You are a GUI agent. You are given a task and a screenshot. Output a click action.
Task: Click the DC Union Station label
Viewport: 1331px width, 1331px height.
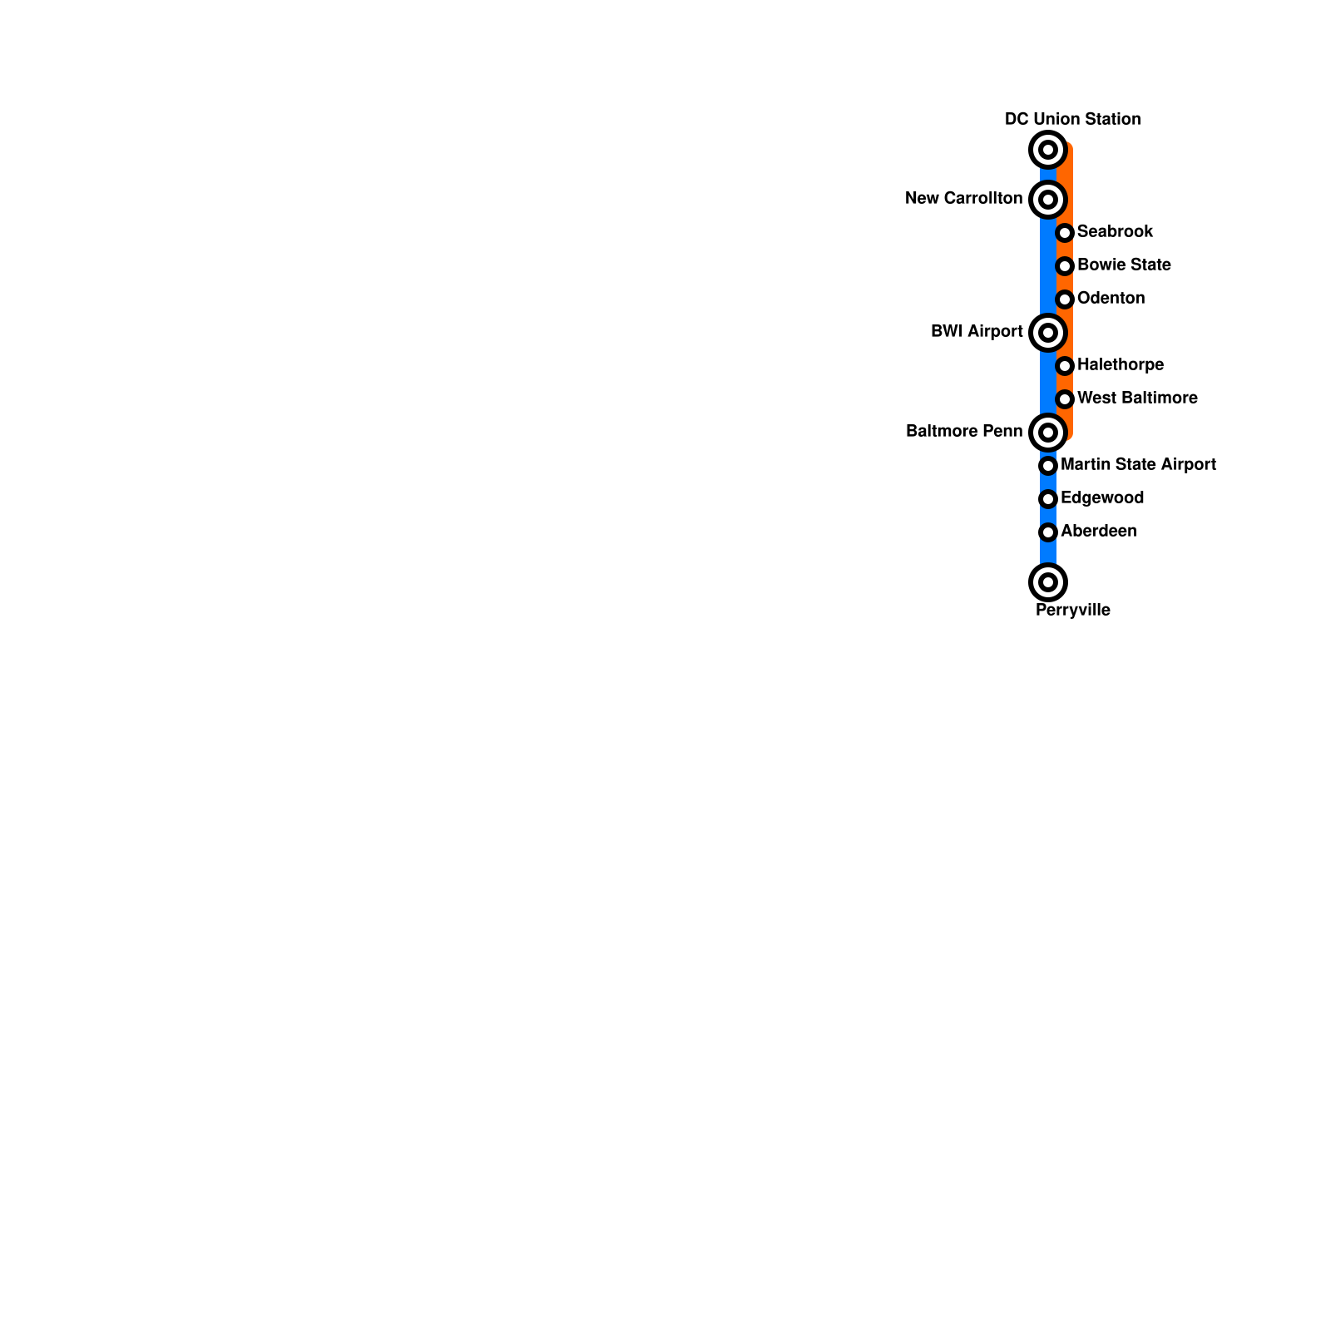[x=1072, y=119]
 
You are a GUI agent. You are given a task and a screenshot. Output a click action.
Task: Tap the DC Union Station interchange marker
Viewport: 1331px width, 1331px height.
[x=1048, y=150]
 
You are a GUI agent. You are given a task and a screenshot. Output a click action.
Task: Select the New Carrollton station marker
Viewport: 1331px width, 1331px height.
[x=1048, y=200]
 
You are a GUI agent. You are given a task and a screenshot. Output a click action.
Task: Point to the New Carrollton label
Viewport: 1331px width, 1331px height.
[x=963, y=198]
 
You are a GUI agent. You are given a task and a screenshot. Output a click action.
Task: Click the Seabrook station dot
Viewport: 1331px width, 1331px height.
[x=1065, y=233]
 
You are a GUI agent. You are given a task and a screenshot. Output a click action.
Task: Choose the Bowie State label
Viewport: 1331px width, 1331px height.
[x=1124, y=265]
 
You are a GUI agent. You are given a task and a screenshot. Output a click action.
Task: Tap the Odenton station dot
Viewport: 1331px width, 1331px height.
[x=1065, y=299]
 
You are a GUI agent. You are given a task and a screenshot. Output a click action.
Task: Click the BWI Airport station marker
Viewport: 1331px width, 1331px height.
[x=1048, y=333]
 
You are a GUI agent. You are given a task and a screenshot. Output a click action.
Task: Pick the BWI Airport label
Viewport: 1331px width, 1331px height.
[x=977, y=331]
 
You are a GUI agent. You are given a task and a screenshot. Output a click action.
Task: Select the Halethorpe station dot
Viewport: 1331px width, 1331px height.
[x=1065, y=366]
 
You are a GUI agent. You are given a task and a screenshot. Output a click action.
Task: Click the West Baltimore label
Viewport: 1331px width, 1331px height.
[x=1137, y=398]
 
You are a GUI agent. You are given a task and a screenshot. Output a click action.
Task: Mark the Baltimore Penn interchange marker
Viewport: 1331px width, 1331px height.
[x=1048, y=433]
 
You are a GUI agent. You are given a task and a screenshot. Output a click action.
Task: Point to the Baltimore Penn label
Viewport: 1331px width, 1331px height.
[x=964, y=431]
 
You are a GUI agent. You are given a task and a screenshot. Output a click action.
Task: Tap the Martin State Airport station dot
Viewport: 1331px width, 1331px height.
[x=1048, y=466]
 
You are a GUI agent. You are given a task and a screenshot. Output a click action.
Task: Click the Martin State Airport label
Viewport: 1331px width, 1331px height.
[x=1138, y=464]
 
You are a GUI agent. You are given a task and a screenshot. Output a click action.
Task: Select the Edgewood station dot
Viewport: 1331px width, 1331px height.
[x=1048, y=499]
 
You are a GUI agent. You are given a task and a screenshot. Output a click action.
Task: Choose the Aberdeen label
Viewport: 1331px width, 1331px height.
[x=1098, y=531]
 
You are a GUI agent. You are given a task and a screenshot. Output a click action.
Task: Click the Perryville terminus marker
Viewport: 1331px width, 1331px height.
[x=1048, y=582]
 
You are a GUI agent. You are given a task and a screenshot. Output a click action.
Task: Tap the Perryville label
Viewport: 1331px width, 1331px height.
[x=1072, y=610]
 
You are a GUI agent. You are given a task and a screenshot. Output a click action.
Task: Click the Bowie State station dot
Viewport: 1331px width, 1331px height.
[x=1065, y=266]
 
